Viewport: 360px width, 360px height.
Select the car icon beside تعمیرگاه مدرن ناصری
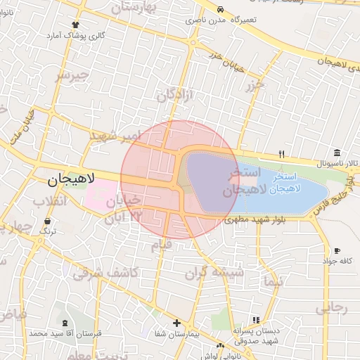(221, 10)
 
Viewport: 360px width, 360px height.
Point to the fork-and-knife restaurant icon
(281, 153)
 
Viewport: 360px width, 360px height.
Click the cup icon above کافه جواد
(337, 251)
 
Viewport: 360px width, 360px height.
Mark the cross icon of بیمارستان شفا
(176, 323)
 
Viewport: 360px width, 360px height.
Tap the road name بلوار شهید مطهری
(255, 219)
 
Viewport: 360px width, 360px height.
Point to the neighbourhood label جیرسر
(72, 75)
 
